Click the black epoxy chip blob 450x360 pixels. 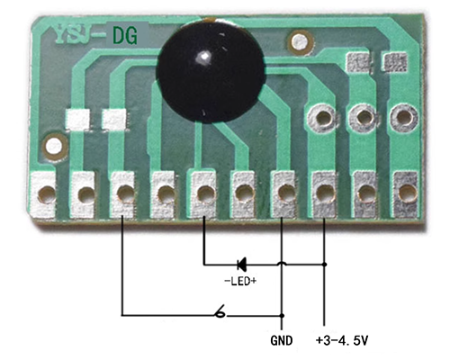211,71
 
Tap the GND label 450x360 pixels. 282,341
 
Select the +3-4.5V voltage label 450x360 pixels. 342,341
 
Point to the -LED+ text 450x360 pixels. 240,281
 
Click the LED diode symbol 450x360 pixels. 241,265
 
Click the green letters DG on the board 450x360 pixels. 125,35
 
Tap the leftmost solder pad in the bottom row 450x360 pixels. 43,194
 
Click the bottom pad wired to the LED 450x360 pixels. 204,193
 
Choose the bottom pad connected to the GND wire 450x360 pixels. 283,193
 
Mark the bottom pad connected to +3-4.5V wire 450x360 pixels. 325,194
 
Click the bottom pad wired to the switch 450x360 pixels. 122,194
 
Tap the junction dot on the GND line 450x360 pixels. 282,316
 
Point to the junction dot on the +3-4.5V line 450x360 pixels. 324,265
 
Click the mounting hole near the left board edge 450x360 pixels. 54,147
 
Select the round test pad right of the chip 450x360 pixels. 301,42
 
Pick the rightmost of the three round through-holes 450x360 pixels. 404,117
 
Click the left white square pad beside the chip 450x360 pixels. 78,119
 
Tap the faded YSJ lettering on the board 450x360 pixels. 77,35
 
